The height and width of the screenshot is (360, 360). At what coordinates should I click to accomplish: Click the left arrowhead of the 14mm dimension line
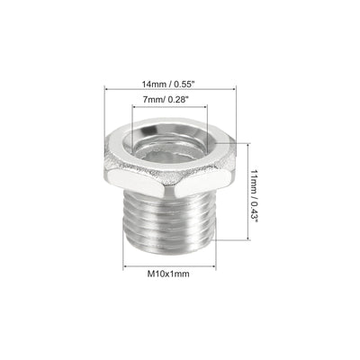(x=109, y=88)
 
